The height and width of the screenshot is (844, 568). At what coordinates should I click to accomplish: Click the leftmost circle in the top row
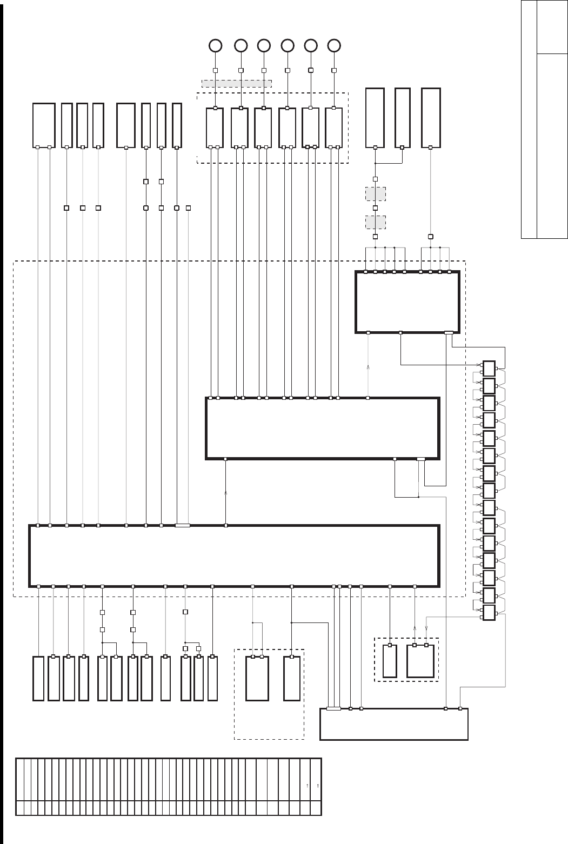point(215,46)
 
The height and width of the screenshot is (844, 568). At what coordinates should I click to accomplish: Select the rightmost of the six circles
point(335,46)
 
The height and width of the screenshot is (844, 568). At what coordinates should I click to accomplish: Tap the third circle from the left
point(264,46)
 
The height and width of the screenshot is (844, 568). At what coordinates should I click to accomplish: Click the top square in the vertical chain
point(489,369)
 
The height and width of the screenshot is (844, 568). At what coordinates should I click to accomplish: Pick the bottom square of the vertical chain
point(489,613)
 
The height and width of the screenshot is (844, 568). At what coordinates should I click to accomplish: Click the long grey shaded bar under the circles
point(236,83)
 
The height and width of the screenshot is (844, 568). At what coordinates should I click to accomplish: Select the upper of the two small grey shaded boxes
point(375,193)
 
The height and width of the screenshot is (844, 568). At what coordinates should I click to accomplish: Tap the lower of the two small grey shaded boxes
point(375,222)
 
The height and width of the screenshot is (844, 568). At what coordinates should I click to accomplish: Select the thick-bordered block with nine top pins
point(407,303)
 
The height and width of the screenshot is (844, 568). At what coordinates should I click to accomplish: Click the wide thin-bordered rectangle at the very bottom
point(393,724)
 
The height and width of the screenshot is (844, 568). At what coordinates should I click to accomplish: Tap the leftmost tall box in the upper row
point(44,125)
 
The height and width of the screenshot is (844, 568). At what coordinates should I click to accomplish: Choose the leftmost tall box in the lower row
point(38,679)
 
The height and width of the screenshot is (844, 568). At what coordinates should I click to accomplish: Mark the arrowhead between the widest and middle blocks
point(226,493)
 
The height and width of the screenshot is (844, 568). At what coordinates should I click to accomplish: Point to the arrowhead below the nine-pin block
point(368,367)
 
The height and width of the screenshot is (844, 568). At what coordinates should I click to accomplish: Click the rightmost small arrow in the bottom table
point(318,785)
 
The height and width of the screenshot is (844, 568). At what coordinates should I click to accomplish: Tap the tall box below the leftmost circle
point(215,128)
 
